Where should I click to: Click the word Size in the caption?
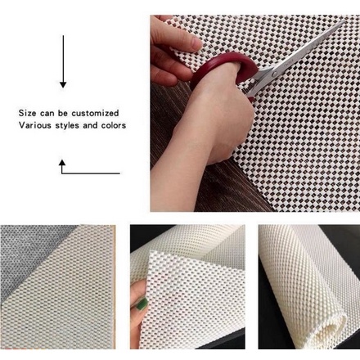pos(27,113)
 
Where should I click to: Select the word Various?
pos(35,125)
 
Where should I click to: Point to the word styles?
pos(67,125)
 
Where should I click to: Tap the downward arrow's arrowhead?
pos(63,84)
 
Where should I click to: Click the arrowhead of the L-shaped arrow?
pos(62,163)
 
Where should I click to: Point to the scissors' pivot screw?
pos(274,74)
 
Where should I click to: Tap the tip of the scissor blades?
pos(344,20)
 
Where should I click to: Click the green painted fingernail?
pos(142,304)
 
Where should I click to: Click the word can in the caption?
pos(47,114)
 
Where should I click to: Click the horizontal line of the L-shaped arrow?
pos(91,173)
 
